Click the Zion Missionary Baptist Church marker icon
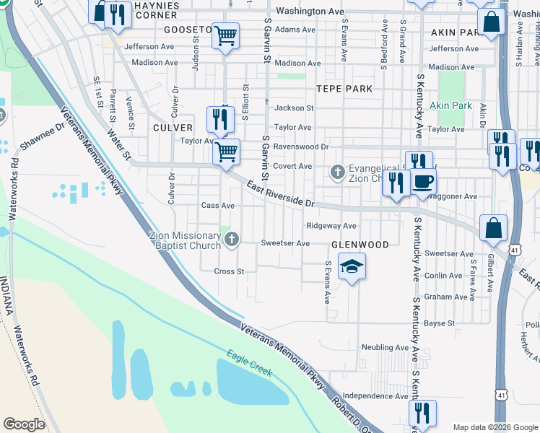(231, 242)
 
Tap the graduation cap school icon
(352, 268)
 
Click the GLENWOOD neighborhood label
(360, 245)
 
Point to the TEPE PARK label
(344, 89)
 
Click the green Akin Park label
(450, 105)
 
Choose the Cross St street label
(230, 271)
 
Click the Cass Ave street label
(218, 206)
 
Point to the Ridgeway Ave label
(331, 226)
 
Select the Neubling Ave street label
(386, 347)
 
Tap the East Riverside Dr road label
(282, 196)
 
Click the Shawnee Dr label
(43, 136)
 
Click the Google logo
(24, 424)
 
